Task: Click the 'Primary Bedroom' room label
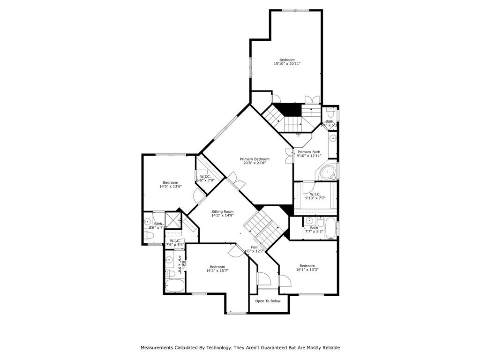pos(255,159)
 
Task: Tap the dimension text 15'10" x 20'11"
pos(287,64)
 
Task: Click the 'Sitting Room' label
pos(222,211)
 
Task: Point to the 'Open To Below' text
pos(268,301)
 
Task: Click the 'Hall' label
pos(254,247)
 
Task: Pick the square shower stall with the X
pos(172,219)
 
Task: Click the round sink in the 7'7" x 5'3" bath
pos(309,220)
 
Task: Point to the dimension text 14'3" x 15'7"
pos(217,270)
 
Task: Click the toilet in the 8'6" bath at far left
pos(147,235)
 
